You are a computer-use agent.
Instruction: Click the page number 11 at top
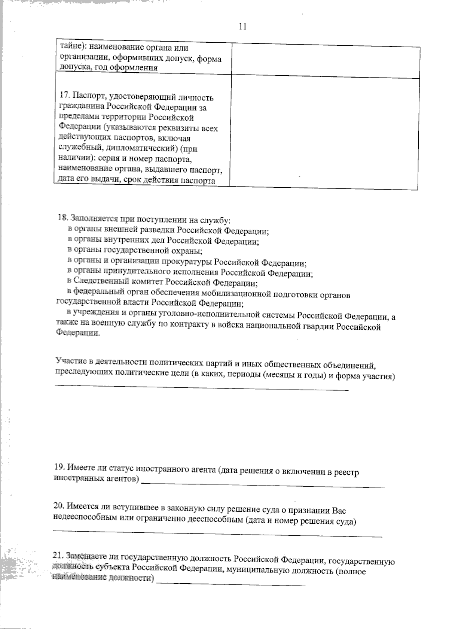point(242,27)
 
